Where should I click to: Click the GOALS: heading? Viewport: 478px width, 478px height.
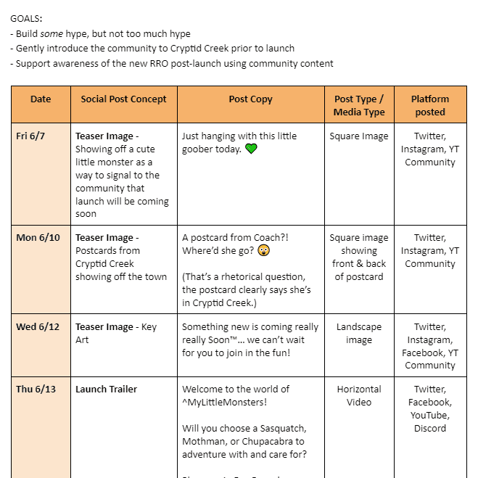click(x=26, y=18)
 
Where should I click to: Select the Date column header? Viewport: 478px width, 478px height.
click(x=41, y=99)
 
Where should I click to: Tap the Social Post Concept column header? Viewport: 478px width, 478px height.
click(x=123, y=99)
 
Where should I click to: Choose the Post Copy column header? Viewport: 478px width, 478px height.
click(x=250, y=99)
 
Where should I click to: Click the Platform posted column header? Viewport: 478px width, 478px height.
click(x=430, y=106)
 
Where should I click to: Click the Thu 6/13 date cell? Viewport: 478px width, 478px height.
click(x=36, y=390)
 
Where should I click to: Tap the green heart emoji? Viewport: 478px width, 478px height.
click(x=251, y=149)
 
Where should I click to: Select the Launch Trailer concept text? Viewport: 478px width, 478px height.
click(x=106, y=390)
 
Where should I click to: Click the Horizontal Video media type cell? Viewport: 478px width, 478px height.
click(x=359, y=396)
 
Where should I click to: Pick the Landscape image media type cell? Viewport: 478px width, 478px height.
click(x=359, y=334)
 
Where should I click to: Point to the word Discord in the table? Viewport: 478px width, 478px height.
click(x=430, y=428)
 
